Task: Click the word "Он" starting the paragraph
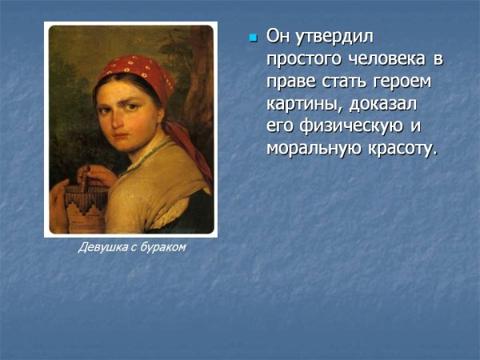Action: point(277,37)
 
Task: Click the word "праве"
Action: point(289,82)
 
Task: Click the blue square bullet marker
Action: point(253,38)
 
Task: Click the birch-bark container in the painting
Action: point(88,204)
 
